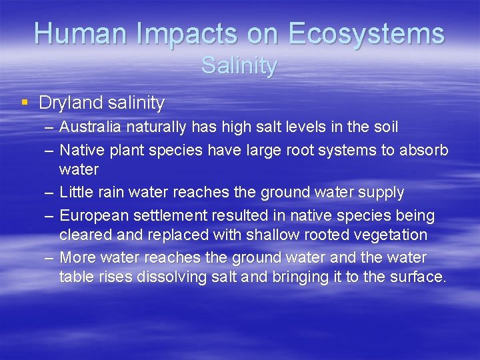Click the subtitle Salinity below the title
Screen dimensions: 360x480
(239, 66)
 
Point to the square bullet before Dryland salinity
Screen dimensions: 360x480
(25, 103)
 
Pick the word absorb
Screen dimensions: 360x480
(424, 149)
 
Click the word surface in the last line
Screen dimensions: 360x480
(417, 277)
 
